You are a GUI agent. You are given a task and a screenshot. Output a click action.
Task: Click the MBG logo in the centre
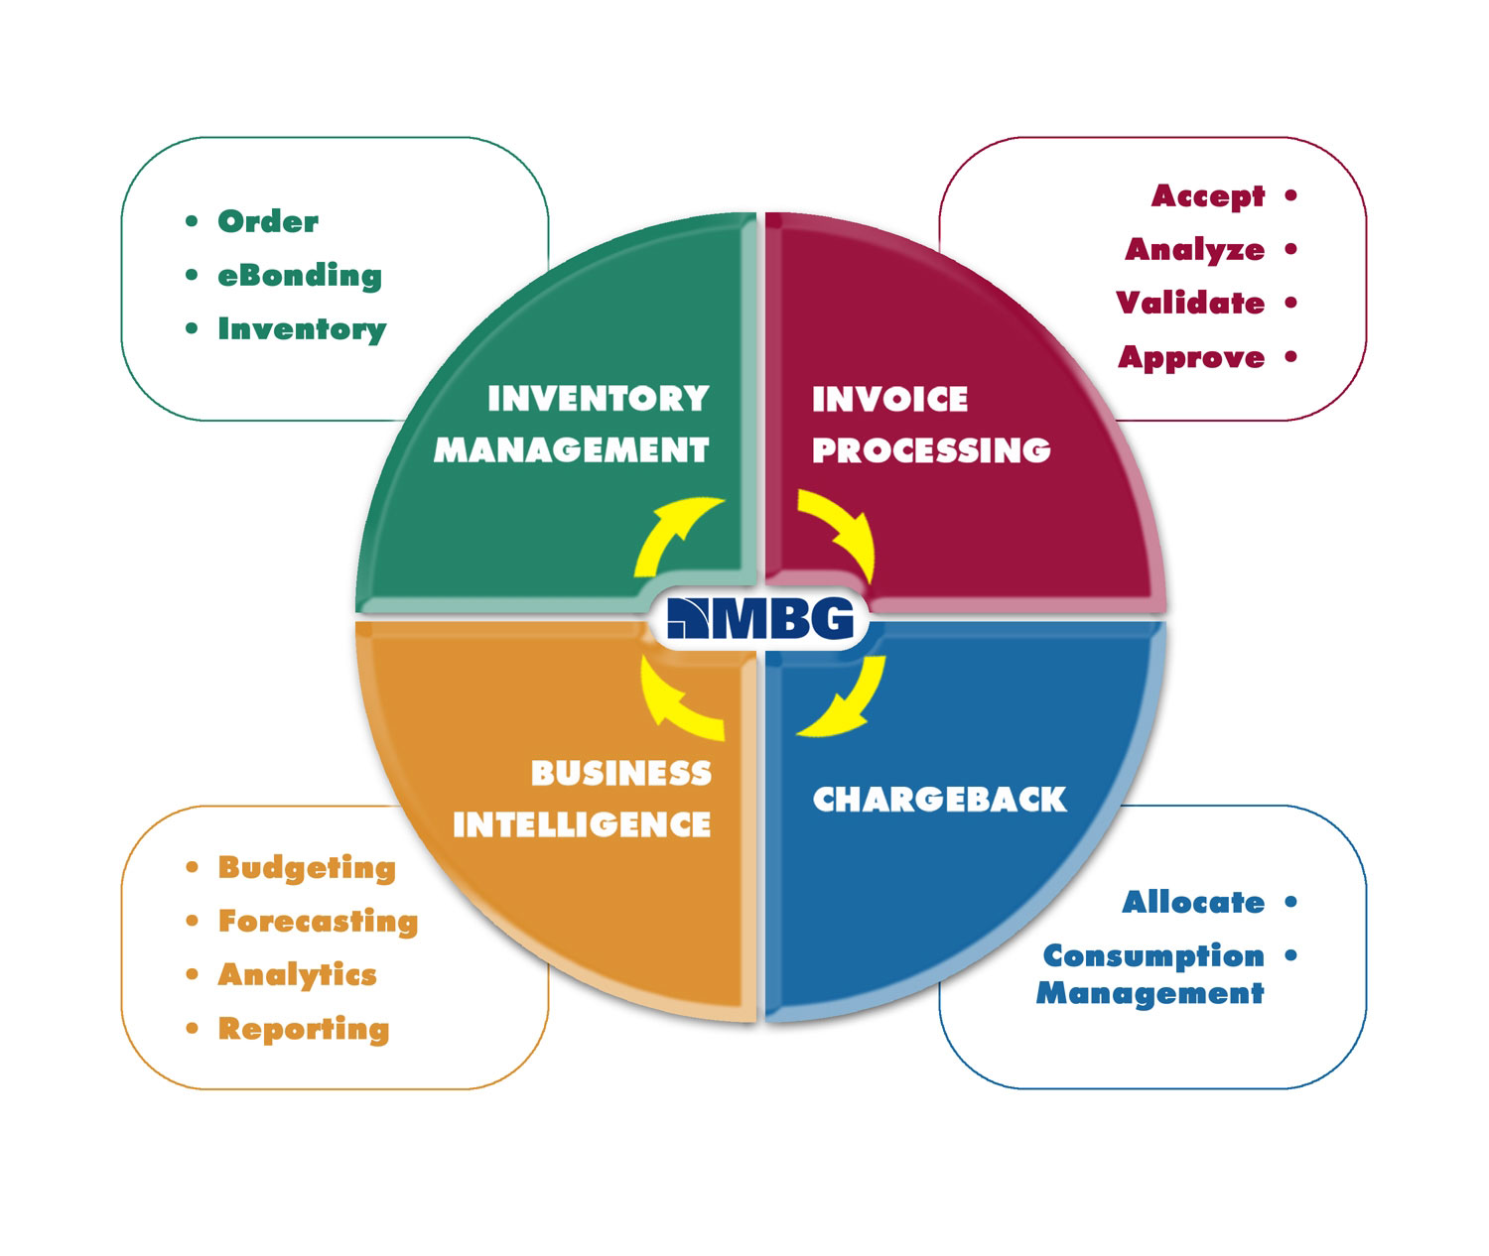760,619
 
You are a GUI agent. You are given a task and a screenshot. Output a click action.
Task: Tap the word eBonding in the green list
299,276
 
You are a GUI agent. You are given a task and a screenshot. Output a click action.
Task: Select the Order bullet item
268,221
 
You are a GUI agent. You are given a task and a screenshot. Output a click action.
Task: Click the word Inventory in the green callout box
302,329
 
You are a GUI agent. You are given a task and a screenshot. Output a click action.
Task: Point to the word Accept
1208,196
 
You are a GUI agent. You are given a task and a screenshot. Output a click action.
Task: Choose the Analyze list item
1194,250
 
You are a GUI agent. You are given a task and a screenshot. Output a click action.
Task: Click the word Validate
1190,304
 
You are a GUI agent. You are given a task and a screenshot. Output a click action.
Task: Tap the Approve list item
1191,357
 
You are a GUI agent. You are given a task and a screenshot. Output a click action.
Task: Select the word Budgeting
307,868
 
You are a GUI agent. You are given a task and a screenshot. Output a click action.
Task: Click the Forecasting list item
318,922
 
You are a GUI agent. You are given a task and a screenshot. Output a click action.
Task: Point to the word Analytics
297,975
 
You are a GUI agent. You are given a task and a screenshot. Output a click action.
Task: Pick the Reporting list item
303,1029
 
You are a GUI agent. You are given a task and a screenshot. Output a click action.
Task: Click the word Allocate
1193,903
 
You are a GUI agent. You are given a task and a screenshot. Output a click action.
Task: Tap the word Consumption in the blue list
1153,956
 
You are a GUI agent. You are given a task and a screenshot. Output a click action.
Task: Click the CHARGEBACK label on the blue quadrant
939,800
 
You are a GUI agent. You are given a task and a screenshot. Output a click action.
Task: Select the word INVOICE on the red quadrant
889,399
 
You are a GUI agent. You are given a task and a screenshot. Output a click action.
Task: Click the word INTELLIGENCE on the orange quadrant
582,824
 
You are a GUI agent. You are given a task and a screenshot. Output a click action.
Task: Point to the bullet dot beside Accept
1290,195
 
